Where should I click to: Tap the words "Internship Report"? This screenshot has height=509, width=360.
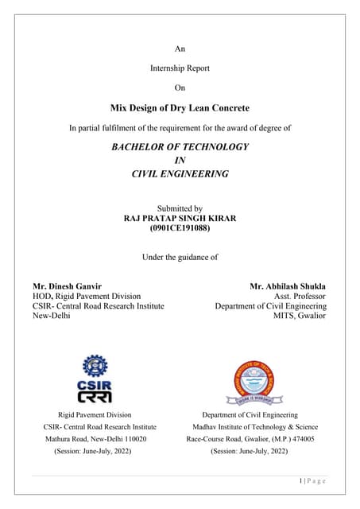(x=180, y=68)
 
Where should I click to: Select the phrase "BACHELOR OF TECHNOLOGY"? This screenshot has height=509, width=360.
(x=180, y=147)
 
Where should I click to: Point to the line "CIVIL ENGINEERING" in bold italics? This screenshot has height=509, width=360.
(x=180, y=173)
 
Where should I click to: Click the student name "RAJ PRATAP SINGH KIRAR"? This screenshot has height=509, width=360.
(x=180, y=217)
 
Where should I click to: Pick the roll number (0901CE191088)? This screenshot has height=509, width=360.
(x=180, y=228)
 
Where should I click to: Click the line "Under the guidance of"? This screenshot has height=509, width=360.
(x=180, y=257)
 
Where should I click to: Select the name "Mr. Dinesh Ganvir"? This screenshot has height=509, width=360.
(x=67, y=286)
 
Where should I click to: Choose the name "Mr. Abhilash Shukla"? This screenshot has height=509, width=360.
(x=288, y=286)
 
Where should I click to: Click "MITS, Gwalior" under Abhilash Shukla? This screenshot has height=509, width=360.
(x=300, y=316)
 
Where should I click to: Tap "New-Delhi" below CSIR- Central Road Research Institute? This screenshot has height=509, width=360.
(x=52, y=316)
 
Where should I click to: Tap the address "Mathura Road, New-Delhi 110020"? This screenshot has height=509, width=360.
(x=95, y=438)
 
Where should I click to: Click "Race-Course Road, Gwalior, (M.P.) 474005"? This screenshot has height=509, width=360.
(x=250, y=438)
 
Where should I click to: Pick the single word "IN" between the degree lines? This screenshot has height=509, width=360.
(x=180, y=161)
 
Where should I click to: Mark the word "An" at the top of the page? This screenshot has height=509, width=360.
(x=180, y=49)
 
